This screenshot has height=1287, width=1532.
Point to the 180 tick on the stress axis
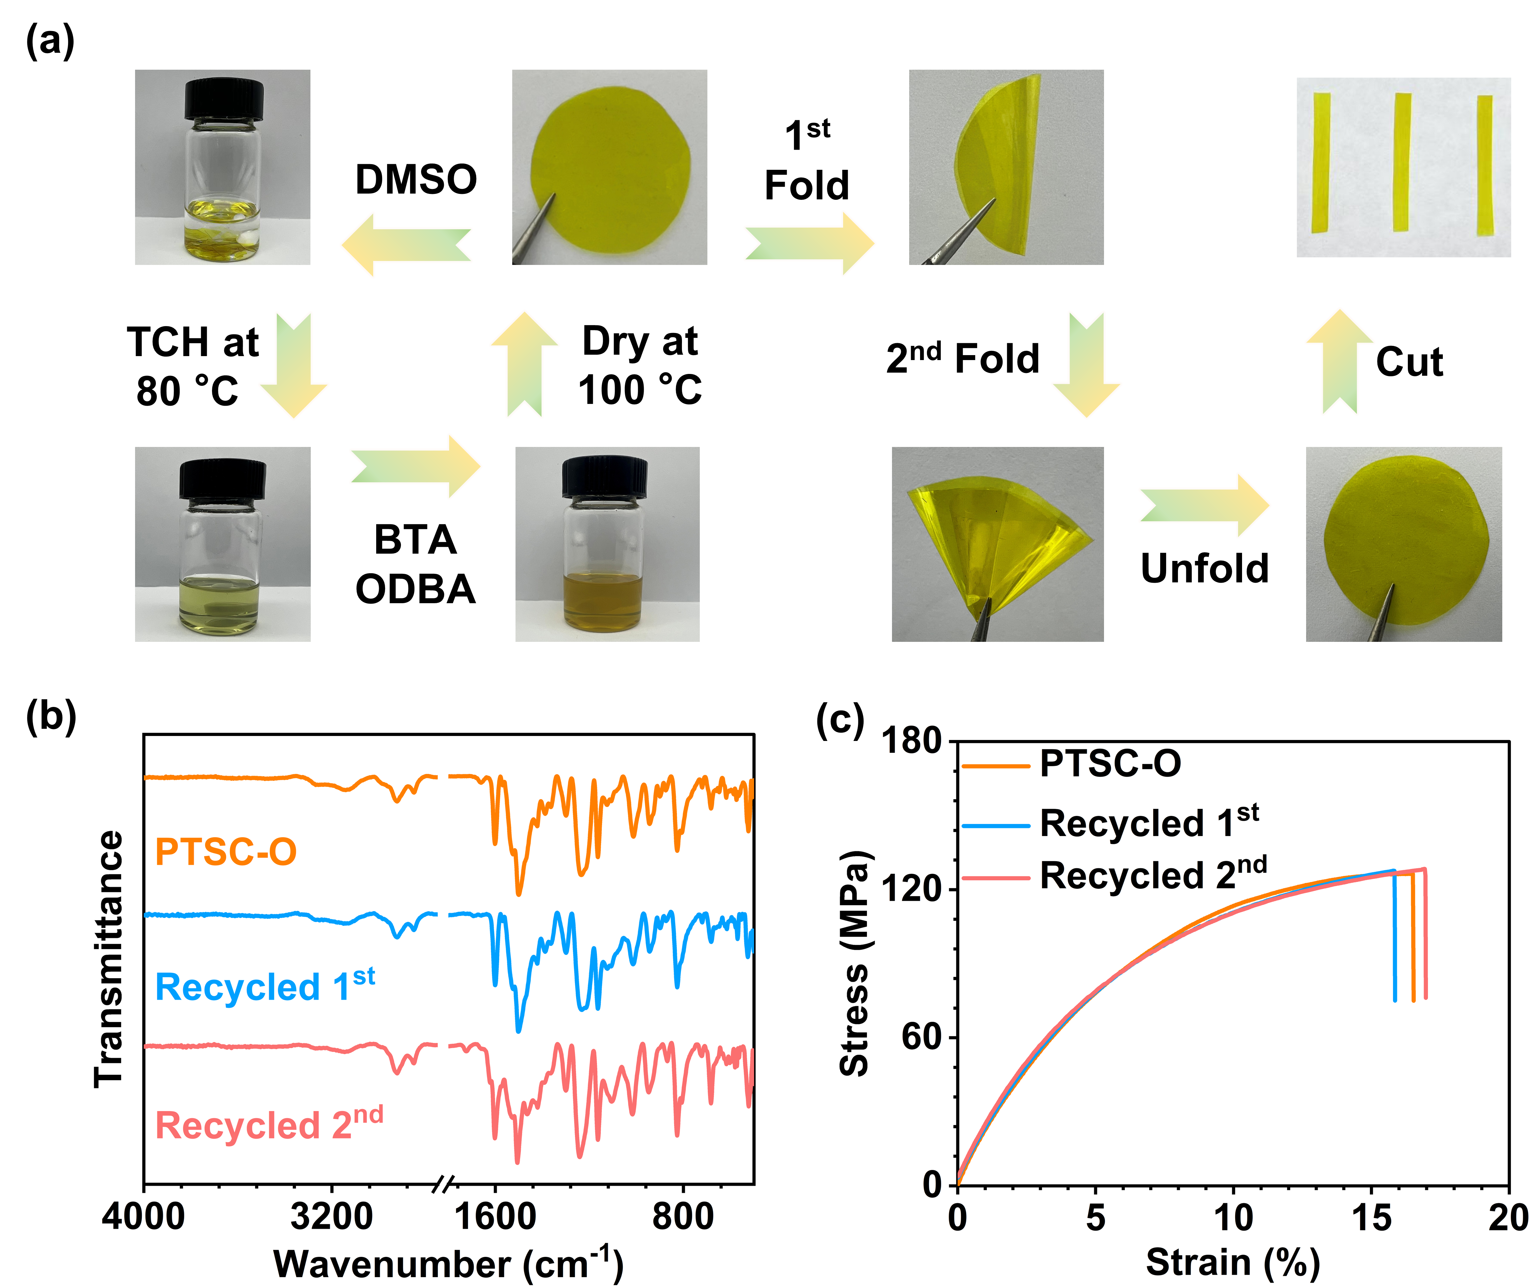(912, 741)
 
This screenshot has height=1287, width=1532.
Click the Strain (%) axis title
(1233, 1262)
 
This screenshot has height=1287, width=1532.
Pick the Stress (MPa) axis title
(855, 963)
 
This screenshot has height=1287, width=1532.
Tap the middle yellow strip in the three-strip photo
(1402, 162)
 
